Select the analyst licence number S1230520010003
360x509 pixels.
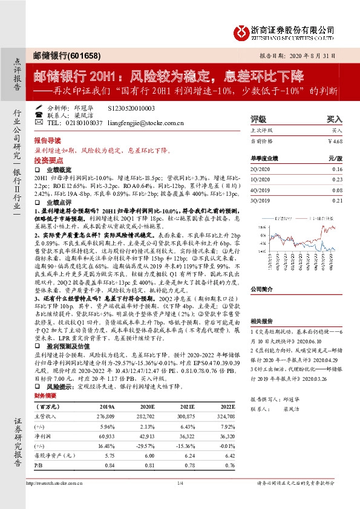tap(131, 107)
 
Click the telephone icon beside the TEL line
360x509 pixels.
tap(39, 115)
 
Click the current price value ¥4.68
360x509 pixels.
tap(335, 141)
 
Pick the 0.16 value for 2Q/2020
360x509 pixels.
tap(337, 169)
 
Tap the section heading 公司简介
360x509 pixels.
tap(263, 289)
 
